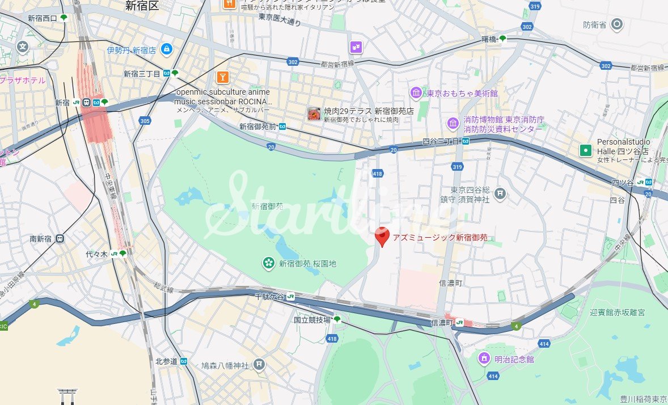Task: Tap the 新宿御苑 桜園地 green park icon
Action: pyautogui.click(x=268, y=263)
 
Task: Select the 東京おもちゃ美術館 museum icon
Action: pyautogui.click(x=416, y=93)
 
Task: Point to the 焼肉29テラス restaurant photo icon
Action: pyautogui.click(x=314, y=114)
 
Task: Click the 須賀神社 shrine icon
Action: pyautogui.click(x=500, y=195)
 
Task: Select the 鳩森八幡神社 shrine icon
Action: pyautogui.click(x=259, y=365)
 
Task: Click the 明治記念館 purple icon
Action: pyautogui.click(x=484, y=358)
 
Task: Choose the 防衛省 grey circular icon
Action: pyautogui.click(x=618, y=24)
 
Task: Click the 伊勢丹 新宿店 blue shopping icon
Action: pyautogui.click(x=166, y=50)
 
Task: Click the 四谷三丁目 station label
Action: pyautogui.click(x=441, y=141)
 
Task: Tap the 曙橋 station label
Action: pyautogui.click(x=489, y=39)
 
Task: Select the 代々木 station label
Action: pyautogui.click(x=96, y=254)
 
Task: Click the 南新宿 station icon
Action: pyautogui.click(x=60, y=239)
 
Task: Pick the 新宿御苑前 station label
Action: pyautogui.click(x=258, y=126)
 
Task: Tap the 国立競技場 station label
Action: pyautogui.click(x=312, y=320)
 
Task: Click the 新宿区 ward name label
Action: pyautogui.click(x=142, y=6)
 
